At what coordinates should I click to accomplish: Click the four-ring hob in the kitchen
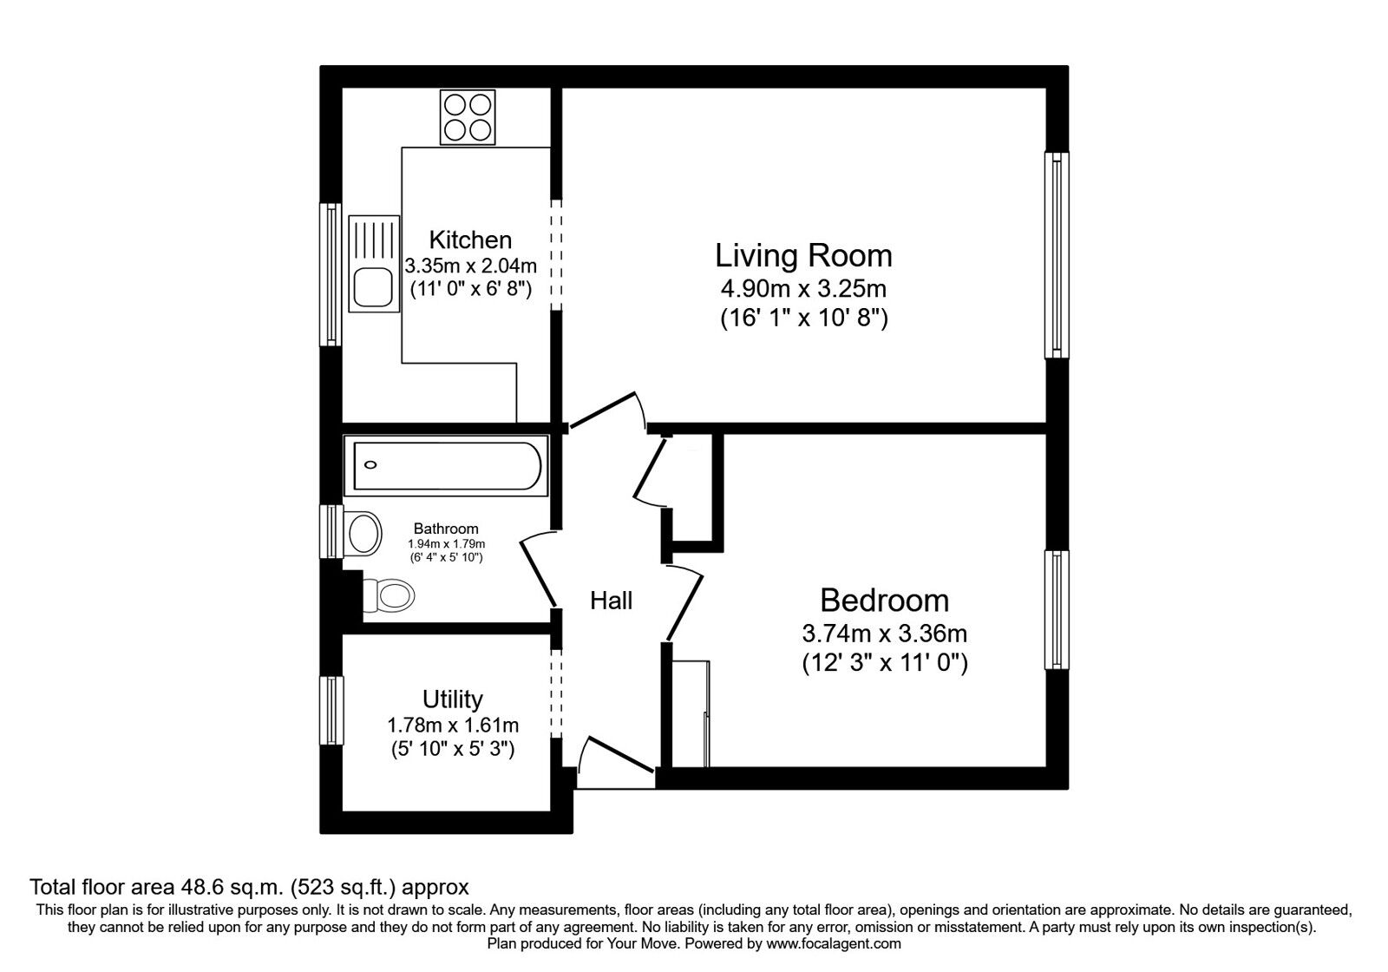468,117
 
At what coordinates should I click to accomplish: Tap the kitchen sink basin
373,287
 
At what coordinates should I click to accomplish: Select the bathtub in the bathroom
446,465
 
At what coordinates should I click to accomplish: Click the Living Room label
803,255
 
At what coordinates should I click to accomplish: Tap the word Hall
611,601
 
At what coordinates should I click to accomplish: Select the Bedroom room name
884,600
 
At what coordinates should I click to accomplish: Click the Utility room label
452,699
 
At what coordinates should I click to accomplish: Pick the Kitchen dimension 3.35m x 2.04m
471,266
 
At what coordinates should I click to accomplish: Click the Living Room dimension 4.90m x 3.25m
803,288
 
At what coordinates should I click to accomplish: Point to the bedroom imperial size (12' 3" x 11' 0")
885,663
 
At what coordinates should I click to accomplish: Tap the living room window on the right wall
1057,255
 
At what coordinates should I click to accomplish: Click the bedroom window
1057,610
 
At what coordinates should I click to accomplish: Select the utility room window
331,711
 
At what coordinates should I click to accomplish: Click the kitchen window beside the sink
331,274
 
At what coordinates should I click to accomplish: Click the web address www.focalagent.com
834,943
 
